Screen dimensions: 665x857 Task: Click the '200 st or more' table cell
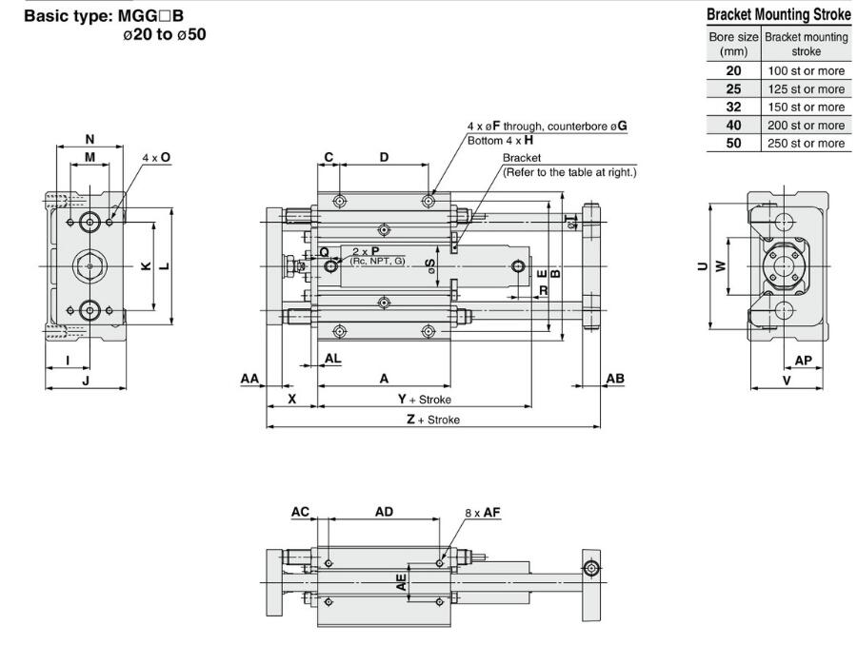[x=805, y=125]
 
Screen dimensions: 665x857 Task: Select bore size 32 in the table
[x=732, y=107]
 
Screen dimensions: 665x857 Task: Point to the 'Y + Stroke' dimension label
[x=424, y=400]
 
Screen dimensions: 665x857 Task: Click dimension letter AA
[x=249, y=378]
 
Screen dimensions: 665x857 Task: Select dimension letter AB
[x=615, y=378]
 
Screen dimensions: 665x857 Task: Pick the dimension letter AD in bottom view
[x=384, y=512]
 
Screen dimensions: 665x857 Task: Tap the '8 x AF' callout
[x=483, y=512]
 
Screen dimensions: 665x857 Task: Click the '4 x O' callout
[x=156, y=157]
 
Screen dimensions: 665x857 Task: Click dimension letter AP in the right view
[x=803, y=361]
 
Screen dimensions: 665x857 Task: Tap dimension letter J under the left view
[x=86, y=381]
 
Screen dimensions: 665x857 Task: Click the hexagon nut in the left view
[x=90, y=266]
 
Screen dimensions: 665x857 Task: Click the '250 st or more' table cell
[x=805, y=143]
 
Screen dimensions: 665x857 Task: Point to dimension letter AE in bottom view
[x=403, y=581]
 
